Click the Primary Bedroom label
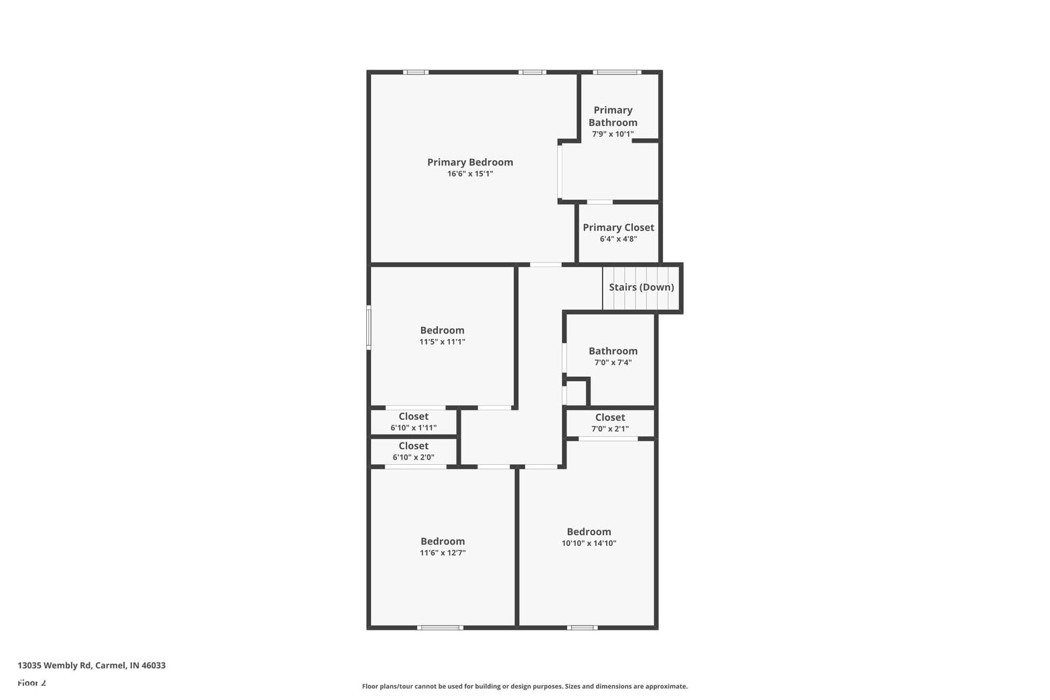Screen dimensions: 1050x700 (469, 162)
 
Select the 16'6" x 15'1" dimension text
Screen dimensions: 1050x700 (470, 174)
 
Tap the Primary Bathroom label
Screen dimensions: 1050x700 (613, 117)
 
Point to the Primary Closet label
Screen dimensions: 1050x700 (618, 227)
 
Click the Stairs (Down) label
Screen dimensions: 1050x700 (642, 287)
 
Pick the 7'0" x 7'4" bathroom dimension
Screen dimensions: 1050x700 (613, 362)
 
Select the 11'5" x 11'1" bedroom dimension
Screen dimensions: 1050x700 (442, 342)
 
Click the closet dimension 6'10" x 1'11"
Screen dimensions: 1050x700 (413, 427)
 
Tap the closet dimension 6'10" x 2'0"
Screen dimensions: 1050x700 (413, 457)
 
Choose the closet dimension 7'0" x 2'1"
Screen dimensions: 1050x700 (610, 429)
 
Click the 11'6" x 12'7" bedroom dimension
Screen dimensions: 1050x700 (443, 553)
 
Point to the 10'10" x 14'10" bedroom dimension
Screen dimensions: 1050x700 (589, 543)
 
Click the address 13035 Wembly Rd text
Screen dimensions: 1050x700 (54, 665)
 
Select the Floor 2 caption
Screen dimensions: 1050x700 (32, 683)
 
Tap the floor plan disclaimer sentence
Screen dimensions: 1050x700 (524, 687)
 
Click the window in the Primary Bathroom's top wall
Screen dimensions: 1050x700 (617, 72)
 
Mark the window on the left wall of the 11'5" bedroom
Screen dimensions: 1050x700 (369, 328)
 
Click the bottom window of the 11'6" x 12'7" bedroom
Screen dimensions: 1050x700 (440, 628)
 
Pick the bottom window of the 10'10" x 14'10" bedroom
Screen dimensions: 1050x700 (582, 628)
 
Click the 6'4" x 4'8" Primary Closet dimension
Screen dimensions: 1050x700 (618, 239)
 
